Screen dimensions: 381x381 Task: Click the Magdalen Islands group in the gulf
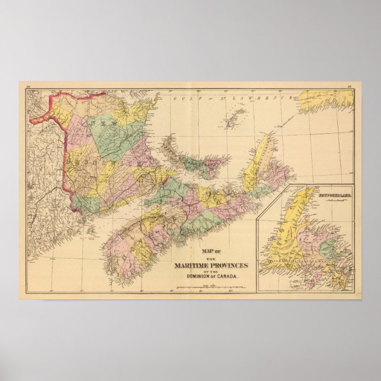(x=237, y=113)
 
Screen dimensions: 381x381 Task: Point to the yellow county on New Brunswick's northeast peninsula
(x=133, y=112)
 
